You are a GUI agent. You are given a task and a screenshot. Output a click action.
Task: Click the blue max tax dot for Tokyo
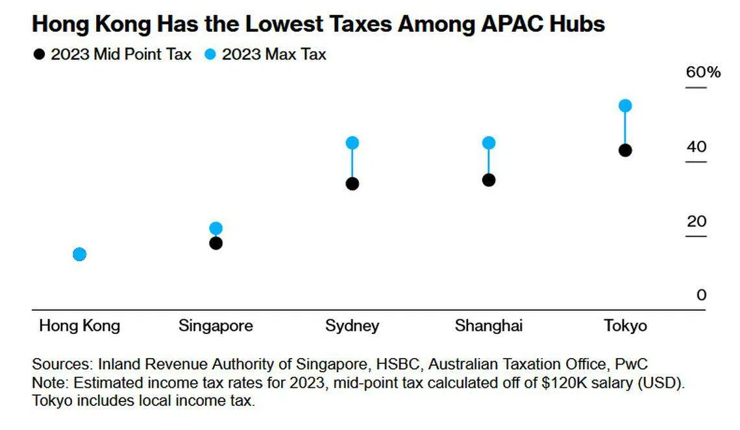[625, 106]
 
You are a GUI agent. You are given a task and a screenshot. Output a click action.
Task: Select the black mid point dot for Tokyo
[625, 150]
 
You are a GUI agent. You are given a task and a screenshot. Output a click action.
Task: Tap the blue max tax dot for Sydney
[352, 143]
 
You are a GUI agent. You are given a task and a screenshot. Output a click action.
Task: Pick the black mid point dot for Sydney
[352, 184]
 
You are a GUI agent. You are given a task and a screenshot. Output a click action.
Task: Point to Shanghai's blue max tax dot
[489, 143]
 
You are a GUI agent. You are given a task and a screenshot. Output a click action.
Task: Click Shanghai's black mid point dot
[489, 180]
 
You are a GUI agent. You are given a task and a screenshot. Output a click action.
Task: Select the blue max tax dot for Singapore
[216, 228]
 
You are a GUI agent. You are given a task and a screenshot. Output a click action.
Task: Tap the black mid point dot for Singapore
[216, 243]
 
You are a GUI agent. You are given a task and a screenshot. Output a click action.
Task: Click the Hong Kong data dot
[79, 254]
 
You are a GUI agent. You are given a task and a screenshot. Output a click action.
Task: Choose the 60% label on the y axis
[703, 72]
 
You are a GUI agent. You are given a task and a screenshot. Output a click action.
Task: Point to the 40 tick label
[697, 147]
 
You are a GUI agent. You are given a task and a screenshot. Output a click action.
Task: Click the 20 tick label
[697, 221]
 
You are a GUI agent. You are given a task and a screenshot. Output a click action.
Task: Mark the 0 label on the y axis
[701, 295]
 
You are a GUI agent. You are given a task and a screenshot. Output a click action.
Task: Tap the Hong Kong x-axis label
[79, 325]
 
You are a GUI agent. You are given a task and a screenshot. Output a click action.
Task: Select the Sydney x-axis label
[352, 325]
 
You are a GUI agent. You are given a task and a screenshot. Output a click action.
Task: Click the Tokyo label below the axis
[625, 325]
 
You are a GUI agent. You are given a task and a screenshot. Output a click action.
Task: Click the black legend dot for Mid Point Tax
[40, 54]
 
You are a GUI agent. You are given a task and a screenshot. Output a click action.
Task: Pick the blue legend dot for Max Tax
[210, 54]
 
